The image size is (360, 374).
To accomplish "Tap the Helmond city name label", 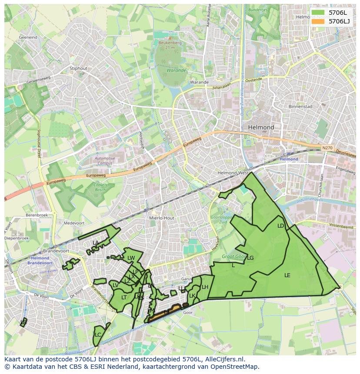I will (x=261, y=127).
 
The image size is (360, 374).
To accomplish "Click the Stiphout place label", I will (x=79, y=68).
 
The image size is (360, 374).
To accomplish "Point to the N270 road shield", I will (x=327, y=148).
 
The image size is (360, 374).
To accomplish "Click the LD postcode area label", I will (x=280, y=226).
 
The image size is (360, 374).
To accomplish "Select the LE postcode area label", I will (x=287, y=275).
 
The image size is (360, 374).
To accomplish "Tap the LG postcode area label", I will (x=250, y=258).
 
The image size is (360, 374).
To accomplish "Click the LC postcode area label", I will (x=98, y=335).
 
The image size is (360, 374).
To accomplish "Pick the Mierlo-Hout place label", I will (x=161, y=218).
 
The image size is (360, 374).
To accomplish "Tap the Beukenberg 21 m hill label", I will (x=170, y=45).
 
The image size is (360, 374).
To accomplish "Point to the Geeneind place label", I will (x=28, y=38).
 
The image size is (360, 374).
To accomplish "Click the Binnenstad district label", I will (x=300, y=106).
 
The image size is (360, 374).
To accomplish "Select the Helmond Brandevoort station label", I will (x=40, y=261).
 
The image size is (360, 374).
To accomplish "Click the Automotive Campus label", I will (x=105, y=161).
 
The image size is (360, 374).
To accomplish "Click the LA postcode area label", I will (x=96, y=243).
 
